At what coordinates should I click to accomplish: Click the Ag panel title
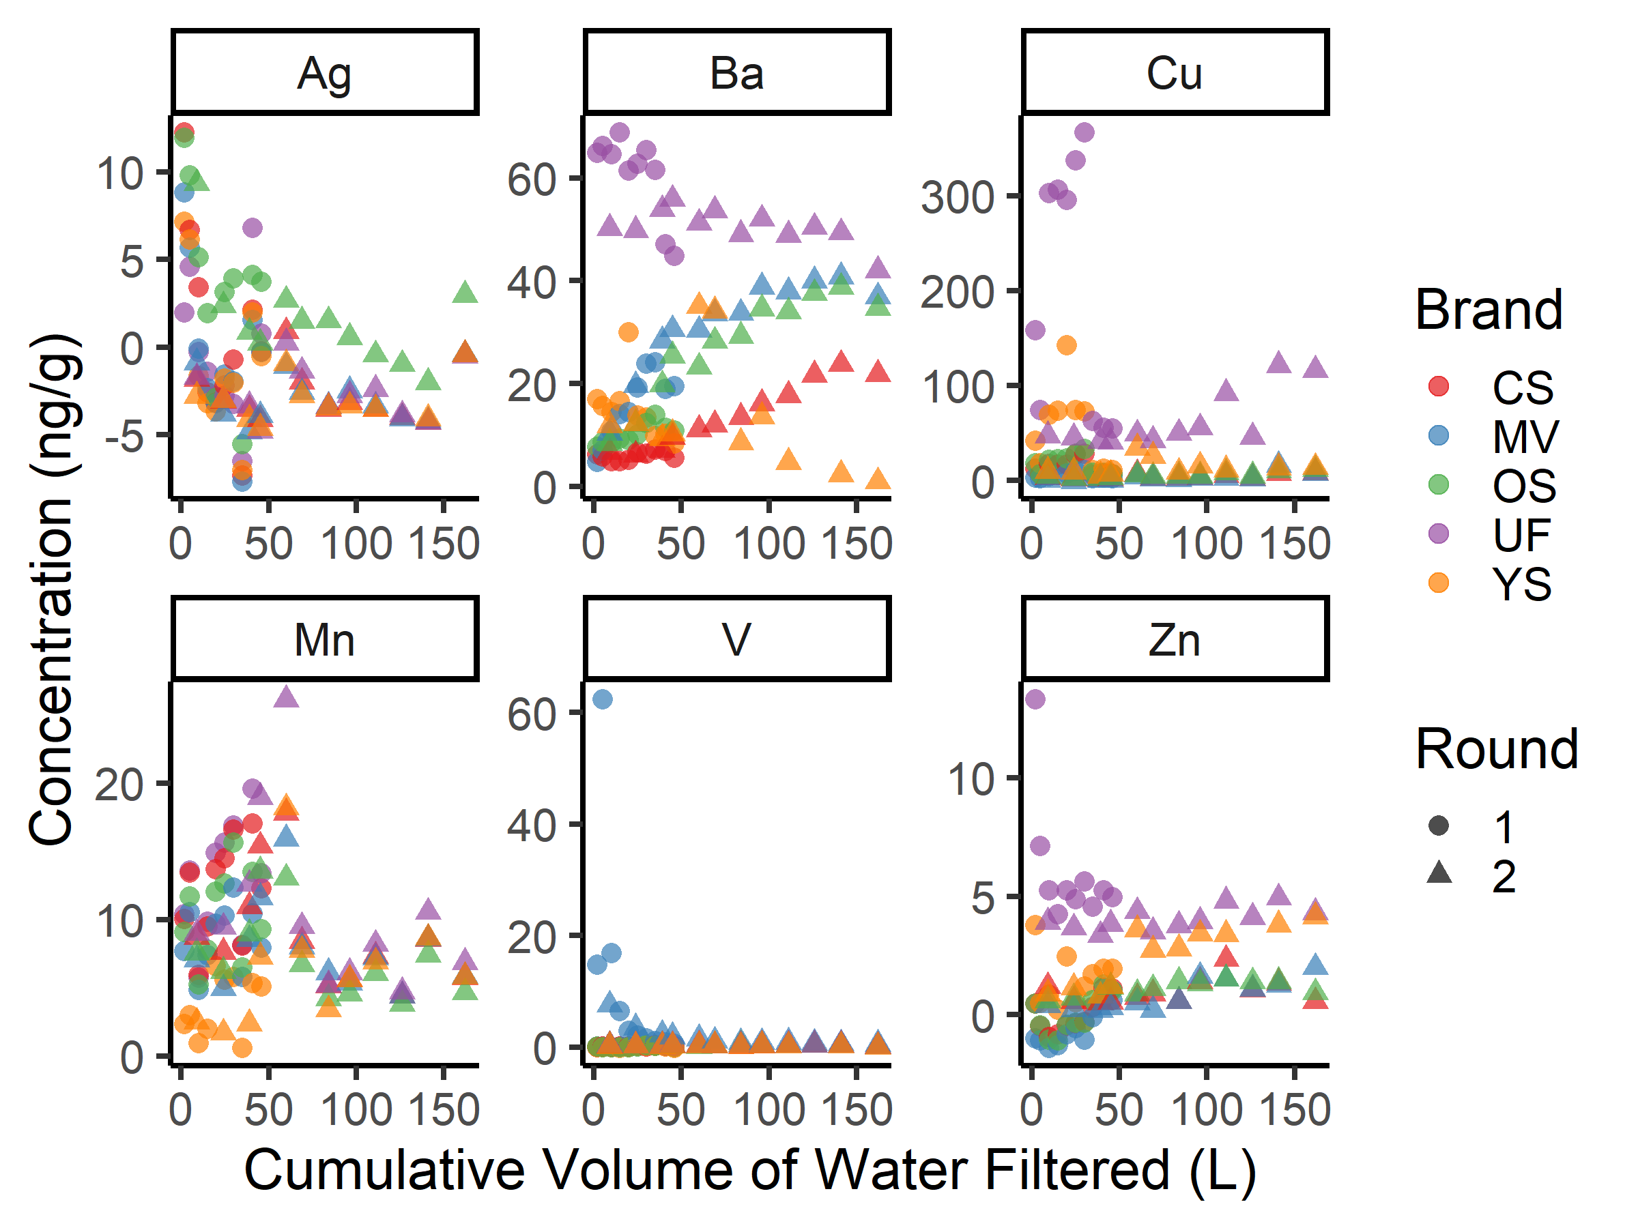pos(324,73)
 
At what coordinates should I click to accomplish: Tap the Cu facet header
pos(1175,73)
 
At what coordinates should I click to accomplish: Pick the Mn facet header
pos(324,639)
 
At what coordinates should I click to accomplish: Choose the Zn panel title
pos(1175,639)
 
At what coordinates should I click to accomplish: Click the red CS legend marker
pos(1438,386)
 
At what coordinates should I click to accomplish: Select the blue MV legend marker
pos(1438,435)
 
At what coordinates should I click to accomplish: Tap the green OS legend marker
pos(1438,485)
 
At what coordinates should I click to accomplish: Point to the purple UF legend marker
pos(1438,533)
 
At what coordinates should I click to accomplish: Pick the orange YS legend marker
pos(1438,583)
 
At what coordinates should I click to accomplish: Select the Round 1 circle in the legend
pos(1439,825)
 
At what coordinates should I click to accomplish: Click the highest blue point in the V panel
pos(603,699)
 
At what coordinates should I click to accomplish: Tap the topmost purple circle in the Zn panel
pos(1035,699)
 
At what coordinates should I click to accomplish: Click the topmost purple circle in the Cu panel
pos(1084,132)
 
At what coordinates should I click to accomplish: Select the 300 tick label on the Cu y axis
pos(957,198)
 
